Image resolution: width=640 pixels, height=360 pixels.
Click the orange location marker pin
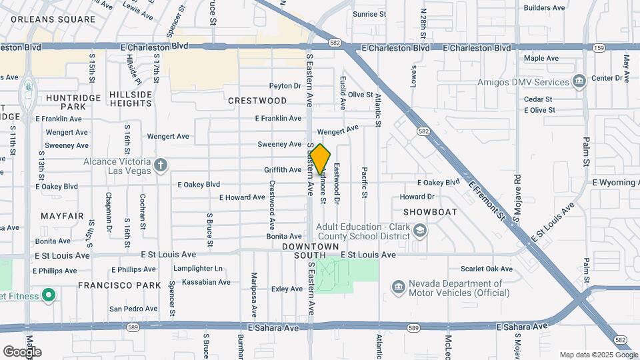pyautogui.click(x=320, y=159)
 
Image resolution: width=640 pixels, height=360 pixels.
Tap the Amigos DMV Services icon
pyautogui.click(x=579, y=82)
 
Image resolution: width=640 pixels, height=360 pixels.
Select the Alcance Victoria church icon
pyautogui.click(x=161, y=165)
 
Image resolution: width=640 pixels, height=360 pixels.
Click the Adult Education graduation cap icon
pyautogui.click(x=420, y=231)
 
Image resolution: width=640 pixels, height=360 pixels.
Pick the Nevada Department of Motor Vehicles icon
pyautogui.click(x=398, y=287)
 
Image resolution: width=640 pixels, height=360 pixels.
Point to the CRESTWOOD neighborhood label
pyautogui.click(x=257, y=101)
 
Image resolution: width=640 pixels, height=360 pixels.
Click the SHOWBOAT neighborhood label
pyautogui.click(x=430, y=212)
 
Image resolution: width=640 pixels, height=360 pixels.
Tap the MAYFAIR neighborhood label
pyautogui.click(x=62, y=216)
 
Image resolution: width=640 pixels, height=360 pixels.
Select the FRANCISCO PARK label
pyautogui.click(x=119, y=285)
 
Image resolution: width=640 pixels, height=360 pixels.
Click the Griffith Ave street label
pyautogui.click(x=283, y=170)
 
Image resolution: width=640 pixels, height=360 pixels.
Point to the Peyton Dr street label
pyautogui.click(x=285, y=85)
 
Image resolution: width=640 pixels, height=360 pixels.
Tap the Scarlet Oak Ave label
pyautogui.click(x=487, y=269)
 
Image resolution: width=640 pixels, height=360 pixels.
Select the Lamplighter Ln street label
pyautogui.click(x=198, y=269)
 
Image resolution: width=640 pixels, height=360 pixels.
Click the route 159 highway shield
pyautogui.click(x=599, y=47)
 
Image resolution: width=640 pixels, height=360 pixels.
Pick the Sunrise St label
pyautogui.click(x=369, y=13)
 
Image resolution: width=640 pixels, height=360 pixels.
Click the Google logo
pyautogui.click(x=23, y=352)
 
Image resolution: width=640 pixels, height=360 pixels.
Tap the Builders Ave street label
pyautogui.click(x=545, y=7)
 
